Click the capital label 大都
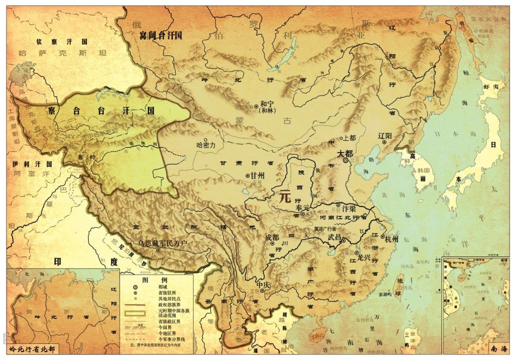click(x=346, y=153)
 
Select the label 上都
click(x=348, y=138)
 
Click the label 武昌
click(x=335, y=237)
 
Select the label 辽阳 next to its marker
click(x=385, y=136)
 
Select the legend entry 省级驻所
click(x=167, y=294)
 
